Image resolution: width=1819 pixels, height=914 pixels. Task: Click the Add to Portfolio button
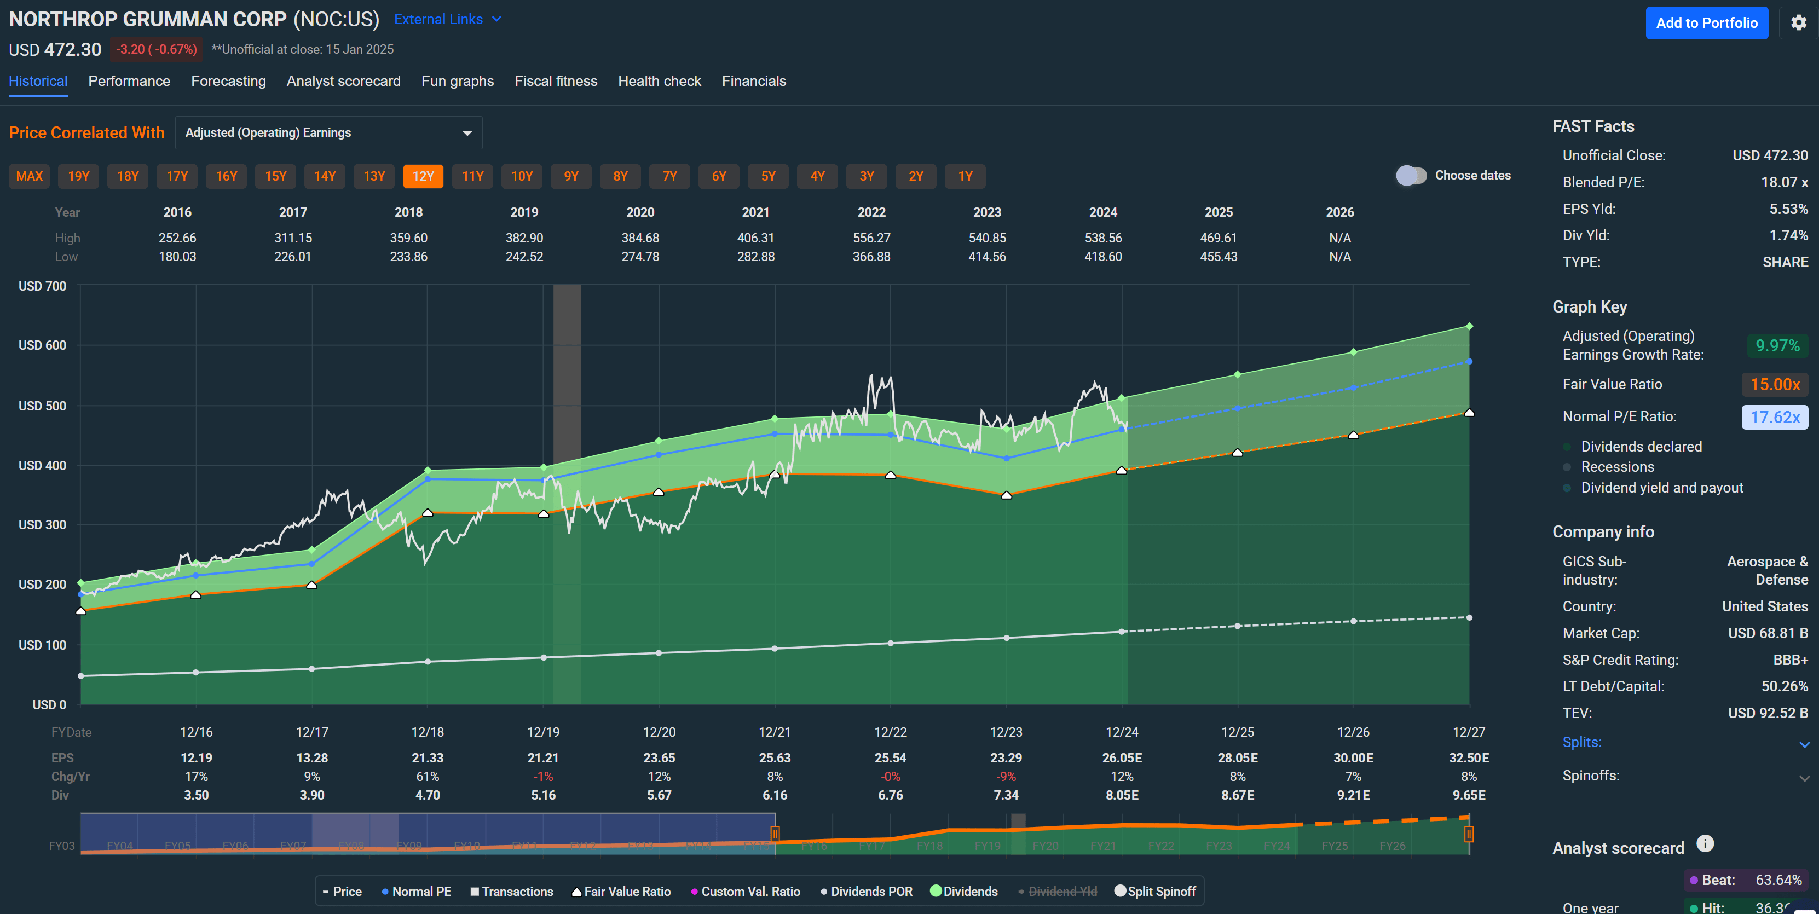coord(1706,24)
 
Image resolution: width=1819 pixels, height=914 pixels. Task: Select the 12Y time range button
coord(423,176)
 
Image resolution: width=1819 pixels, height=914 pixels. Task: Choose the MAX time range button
coord(30,176)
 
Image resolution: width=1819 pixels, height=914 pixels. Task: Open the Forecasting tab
coord(228,81)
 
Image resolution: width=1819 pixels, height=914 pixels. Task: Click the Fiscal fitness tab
coord(556,81)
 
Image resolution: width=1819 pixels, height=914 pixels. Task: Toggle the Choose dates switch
coord(1411,176)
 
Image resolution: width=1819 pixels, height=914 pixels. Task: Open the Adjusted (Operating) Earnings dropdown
coord(328,132)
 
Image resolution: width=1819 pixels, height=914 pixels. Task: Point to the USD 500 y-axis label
coord(42,406)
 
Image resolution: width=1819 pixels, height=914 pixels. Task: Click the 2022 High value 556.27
coord(871,239)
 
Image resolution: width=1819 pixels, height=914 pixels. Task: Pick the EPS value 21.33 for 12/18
coord(427,758)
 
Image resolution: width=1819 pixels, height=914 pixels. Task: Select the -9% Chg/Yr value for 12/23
coord(1006,777)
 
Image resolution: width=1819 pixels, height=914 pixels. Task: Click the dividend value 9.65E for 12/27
coord(1468,795)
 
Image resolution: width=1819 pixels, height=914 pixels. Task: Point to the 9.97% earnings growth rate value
coord(1777,346)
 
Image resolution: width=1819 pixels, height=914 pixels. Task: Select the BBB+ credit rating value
coord(1789,660)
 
